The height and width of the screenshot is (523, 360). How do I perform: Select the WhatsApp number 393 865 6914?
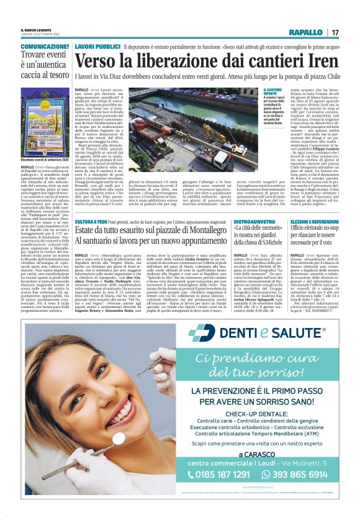click(297, 474)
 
